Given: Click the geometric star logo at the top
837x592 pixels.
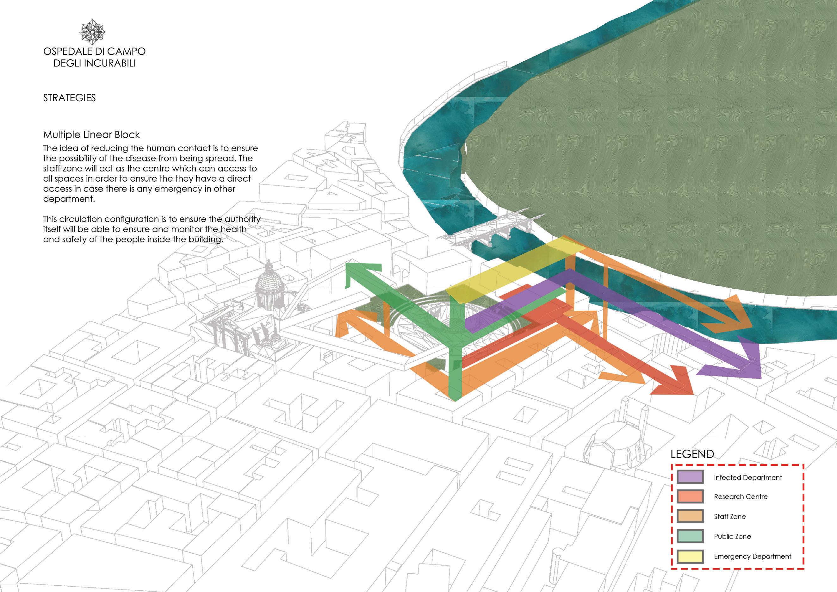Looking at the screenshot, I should [x=92, y=32].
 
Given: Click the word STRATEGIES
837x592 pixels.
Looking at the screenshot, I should [x=69, y=98].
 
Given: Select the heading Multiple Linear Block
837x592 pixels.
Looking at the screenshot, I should [x=91, y=135].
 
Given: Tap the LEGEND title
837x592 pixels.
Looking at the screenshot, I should [x=692, y=454].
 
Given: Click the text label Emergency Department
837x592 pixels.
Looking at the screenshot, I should [x=753, y=557].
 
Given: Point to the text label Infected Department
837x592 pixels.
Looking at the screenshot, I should [x=748, y=477].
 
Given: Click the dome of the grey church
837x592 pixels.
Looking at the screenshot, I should [x=269, y=281].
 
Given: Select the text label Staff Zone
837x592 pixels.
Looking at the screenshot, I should [x=729, y=517].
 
